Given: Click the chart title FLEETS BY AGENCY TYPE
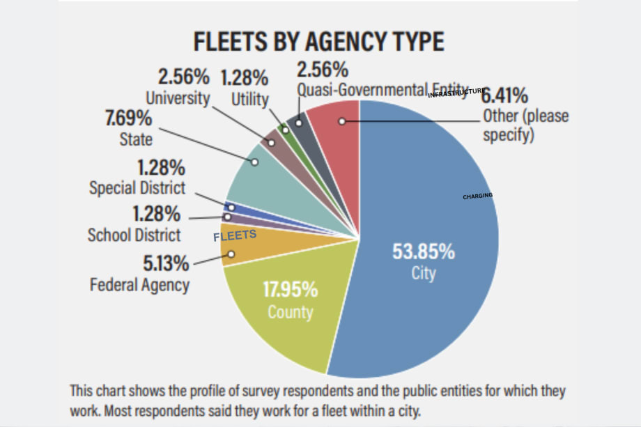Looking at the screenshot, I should (x=318, y=42).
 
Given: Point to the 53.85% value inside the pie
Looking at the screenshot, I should (x=423, y=251).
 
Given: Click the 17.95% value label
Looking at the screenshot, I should (x=291, y=289).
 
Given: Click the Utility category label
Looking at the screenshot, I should (x=249, y=100).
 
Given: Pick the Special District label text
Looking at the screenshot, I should (x=137, y=188).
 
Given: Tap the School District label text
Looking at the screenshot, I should (x=134, y=235).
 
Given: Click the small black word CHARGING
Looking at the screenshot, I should (x=477, y=196).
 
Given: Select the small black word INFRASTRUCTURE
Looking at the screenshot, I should (x=456, y=93).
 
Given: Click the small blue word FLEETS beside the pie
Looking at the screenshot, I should (x=235, y=236).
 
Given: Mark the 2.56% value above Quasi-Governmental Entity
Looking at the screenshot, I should (x=322, y=70).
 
